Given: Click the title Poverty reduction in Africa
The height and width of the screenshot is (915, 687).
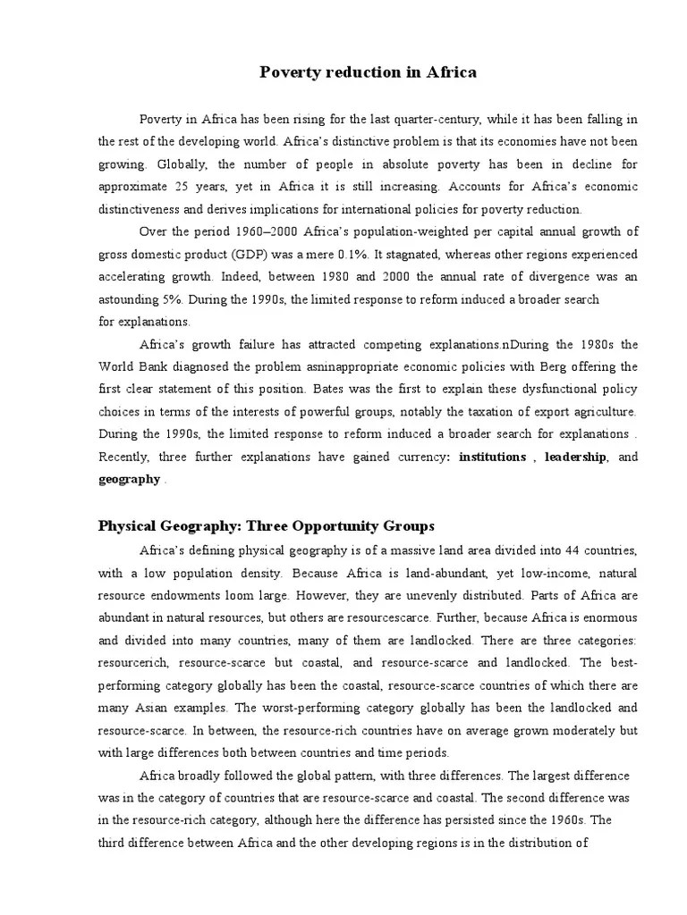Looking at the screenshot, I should pos(368,72).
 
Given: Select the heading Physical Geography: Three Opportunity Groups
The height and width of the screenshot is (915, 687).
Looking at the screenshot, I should pos(266,525).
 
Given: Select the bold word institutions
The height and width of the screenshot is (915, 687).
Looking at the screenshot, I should pos(492,457).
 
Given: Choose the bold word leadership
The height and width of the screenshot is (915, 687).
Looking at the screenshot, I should pos(576,457).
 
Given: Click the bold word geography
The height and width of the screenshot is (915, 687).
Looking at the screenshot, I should pos(129,479).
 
